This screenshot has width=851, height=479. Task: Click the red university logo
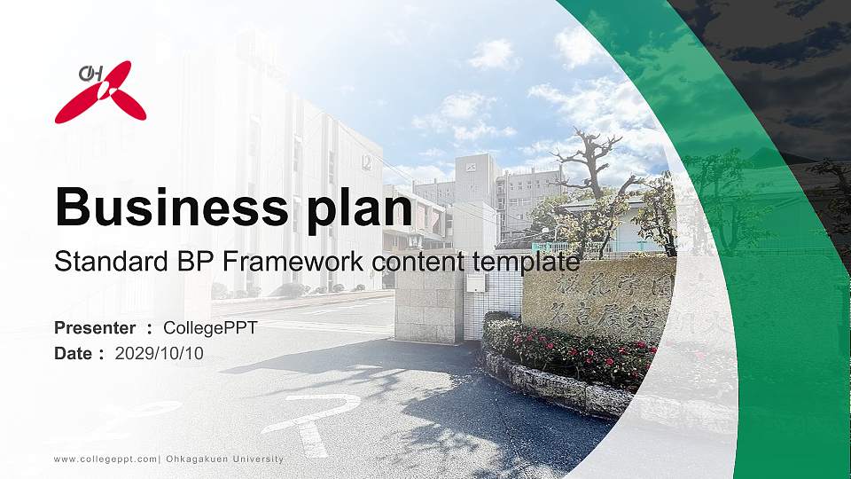point(100,91)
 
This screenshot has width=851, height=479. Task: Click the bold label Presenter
point(95,327)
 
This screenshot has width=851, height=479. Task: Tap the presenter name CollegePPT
point(210,327)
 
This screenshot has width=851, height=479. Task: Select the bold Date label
point(74,353)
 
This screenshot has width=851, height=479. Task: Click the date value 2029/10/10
point(159,353)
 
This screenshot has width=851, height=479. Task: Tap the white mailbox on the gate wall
point(477,282)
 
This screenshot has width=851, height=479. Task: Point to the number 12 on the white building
point(365,161)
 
